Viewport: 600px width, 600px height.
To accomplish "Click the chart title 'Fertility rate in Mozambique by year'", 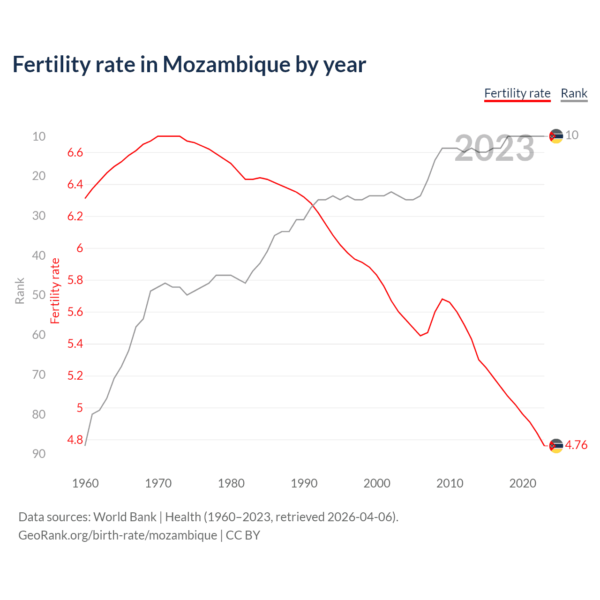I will [189, 65].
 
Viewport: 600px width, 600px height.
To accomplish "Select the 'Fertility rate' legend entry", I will [517, 93].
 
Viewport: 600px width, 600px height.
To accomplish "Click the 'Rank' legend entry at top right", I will [574, 93].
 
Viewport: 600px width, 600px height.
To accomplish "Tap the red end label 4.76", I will [576, 445].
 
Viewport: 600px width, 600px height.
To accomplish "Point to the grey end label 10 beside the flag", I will [572, 135].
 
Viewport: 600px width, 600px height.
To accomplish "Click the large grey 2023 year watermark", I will [495, 149].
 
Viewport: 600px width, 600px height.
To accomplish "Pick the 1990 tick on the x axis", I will [304, 483].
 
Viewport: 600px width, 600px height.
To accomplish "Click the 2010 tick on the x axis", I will [450, 483].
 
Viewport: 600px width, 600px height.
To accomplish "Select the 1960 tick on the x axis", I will [85, 483].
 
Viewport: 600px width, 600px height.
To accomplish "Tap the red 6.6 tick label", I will [75, 152].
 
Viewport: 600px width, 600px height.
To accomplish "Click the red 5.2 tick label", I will [75, 376].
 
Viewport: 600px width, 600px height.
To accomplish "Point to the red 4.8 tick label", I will [75, 440].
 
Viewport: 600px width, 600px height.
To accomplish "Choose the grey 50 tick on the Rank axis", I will [39, 295].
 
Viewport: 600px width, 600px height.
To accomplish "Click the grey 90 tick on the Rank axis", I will [39, 454].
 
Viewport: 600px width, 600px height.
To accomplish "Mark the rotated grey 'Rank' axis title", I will [20, 291].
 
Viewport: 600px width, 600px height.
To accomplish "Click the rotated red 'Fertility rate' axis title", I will [55, 291].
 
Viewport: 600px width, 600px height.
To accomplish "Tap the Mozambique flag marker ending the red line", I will [556, 446].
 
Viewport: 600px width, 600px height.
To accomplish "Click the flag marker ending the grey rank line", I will [556, 136].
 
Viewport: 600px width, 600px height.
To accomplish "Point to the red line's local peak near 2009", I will [442, 299].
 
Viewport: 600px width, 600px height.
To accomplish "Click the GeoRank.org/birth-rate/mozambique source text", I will [117, 535].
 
